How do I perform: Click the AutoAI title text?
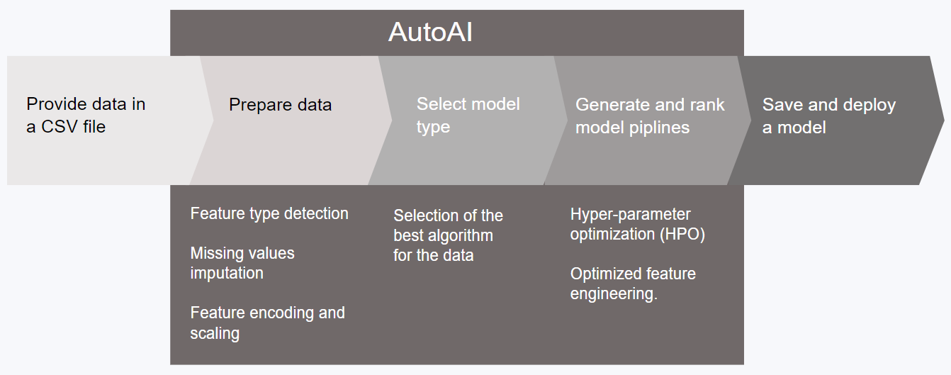coord(430,32)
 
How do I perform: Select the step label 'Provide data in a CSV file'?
coord(86,115)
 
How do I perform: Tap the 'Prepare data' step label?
coord(280,105)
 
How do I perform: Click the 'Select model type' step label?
coord(468,116)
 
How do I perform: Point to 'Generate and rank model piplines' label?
coord(650,116)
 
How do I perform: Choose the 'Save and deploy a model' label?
coord(828,116)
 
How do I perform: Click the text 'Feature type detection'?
coord(269,213)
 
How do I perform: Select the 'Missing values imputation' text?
coord(242,263)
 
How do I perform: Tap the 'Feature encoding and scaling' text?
coord(267,323)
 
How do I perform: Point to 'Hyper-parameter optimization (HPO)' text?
coord(637,224)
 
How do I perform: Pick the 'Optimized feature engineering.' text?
coord(633,284)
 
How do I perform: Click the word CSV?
coord(60,127)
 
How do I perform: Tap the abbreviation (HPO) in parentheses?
coord(682,234)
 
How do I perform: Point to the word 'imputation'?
coord(227,273)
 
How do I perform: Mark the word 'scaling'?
coord(215,333)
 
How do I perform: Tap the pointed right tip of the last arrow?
coord(944,120)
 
